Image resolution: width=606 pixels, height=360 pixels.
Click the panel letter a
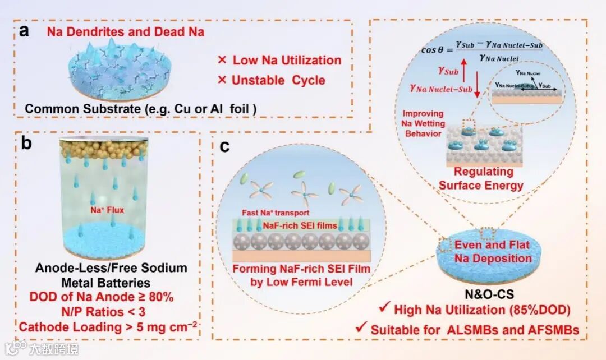(24, 30)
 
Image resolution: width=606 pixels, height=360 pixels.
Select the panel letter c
(225, 147)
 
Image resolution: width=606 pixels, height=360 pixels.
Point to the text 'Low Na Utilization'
(279, 60)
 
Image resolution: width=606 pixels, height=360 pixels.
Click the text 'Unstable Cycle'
(271, 80)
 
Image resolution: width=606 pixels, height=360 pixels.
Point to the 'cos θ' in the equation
(436, 49)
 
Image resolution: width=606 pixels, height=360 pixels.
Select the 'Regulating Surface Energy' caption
(480, 178)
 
